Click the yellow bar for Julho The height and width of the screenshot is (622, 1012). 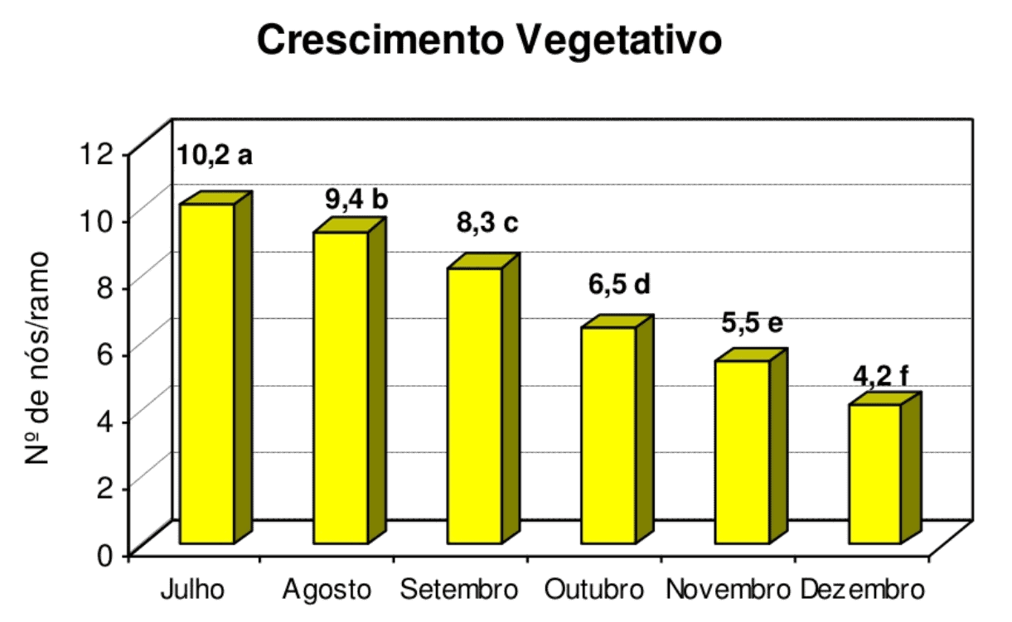coord(206,373)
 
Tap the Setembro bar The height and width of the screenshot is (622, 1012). coord(474,406)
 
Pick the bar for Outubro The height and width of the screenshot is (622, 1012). coord(608,435)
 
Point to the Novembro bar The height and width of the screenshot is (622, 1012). coord(743,451)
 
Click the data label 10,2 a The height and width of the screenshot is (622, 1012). coord(214,156)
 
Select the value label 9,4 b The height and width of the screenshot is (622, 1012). coord(356,200)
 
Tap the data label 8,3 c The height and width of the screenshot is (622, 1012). coord(487,223)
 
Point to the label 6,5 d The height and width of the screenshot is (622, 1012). coord(620,284)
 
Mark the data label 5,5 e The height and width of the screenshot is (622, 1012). coord(752,323)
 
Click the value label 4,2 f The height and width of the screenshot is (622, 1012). coord(880,377)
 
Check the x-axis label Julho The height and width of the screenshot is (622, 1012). coord(192,591)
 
